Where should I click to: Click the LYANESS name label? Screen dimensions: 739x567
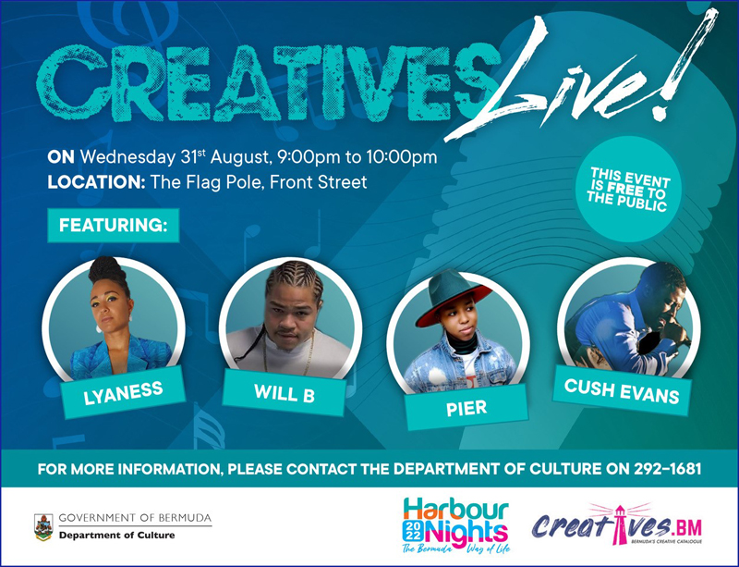pyautogui.click(x=123, y=392)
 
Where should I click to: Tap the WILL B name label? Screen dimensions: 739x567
pyautogui.click(x=285, y=393)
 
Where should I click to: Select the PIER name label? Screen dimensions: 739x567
pyautogui.click(x=466, y=407)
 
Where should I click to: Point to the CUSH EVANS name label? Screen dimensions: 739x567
pyautogui.click(x=622, y=391)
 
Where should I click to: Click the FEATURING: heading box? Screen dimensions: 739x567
pyautogui.click(x=113, y=225)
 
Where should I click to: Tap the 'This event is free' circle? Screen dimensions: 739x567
pyautogui.click(x=629, y=189)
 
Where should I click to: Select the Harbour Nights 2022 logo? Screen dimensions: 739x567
pyautogui.click(x=456, y=525)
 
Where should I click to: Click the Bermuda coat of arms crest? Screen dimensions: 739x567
pyautogui.click(x=43, y=527)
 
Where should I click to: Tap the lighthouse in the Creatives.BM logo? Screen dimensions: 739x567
pyautogui.click(x=617, y=524)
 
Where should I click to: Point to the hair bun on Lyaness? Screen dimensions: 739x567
pyautogui.click(x=106, y=268)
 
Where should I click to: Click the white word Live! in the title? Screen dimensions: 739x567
pyautogui.click(x=580, y=76)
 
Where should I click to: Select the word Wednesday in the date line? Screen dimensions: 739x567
pyautogui.click(x=127, y=157)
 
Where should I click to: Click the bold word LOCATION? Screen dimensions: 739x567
pyautogui.click(x=96, y=182)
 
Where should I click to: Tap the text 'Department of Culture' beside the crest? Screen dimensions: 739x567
pyautogui.click(x=117, y=536)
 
